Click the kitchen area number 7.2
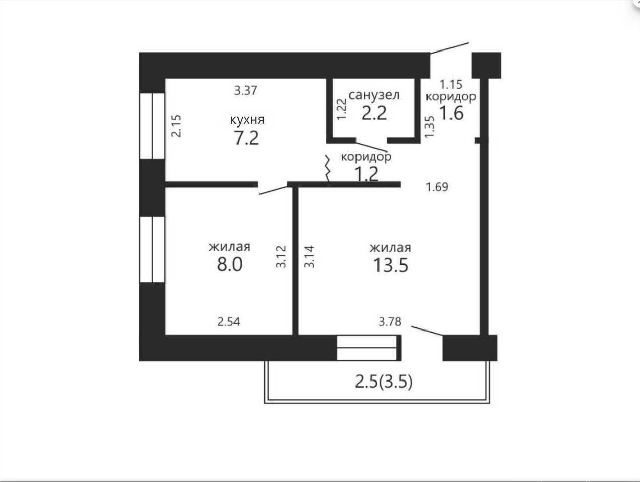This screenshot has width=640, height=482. click(x=246, y=138)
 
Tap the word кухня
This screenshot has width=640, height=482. click(x=247, y=120)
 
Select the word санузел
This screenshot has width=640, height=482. click(x=374, y=95)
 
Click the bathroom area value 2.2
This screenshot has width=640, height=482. click(x=374, y=113)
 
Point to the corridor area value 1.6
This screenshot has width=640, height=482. click(x=452, y=113)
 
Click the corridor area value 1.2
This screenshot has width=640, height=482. click(x=366, y=174)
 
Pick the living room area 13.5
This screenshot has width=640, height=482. click(x=391, y=265)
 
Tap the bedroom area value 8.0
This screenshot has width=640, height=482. click(x=229, y=265)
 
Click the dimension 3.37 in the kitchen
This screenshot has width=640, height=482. click(x=246, y=90)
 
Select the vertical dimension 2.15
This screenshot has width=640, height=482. click(x=176, y=126)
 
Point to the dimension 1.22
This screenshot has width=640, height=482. click(x=341, y=109)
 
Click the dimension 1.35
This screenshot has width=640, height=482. click(x=430, y=127)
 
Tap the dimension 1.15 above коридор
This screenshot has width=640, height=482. click(x=451, y=84)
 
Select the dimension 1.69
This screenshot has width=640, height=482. click(x=437, y=187)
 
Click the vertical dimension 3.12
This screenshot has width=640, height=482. click(x=281, y=257)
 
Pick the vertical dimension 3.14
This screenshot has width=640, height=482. click(x=310, y=257)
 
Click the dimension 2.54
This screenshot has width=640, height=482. click(x=229, y=322)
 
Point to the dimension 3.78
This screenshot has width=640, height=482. click(x=390, y=322)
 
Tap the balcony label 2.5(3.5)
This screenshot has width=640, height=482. click(x=384, y=382)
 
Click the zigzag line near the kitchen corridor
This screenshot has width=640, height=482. click(x=328, y=168)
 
